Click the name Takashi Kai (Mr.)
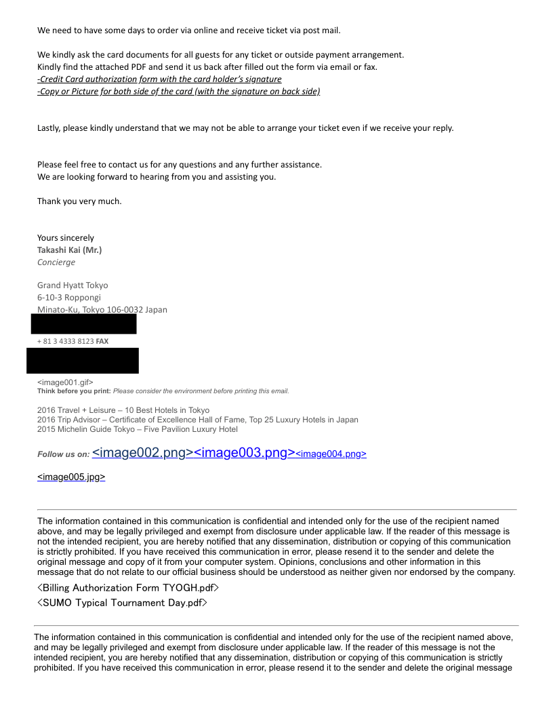(69, 250)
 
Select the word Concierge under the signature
(56, 262)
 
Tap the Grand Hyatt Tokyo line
(73, 285)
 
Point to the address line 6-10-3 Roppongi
(69, 297)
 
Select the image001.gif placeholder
(65, 382)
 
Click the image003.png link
(244, 452)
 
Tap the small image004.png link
(331, 454)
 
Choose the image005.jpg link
(71, 477)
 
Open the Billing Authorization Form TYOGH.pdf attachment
(128, 587)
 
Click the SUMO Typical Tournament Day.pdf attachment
(122, 602)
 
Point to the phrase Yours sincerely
(66, 237)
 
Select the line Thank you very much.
(79, 201)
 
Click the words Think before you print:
(73, 391)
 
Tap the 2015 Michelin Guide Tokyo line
(137, 429)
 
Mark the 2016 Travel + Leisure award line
(123, 410)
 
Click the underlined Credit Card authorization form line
(159, 79)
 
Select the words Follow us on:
(63, 454)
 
